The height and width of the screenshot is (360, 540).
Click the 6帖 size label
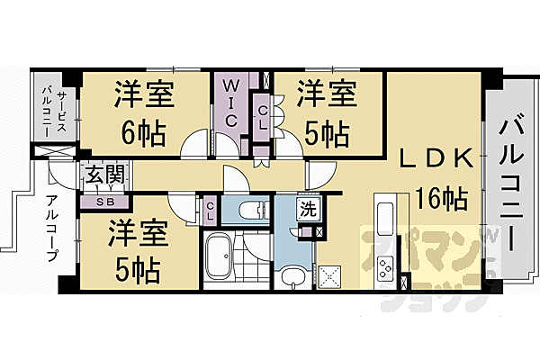click(x=144, y=134)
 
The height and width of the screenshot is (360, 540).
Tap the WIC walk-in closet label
click(x=229, y=103)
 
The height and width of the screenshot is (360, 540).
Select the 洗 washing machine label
click(x=308, y=212)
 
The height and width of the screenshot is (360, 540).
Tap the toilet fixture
click(x=247, y=212)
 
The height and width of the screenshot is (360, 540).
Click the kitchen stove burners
click(x=388, y=267)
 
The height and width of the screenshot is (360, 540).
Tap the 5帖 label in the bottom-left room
click(x=137, y=268)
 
